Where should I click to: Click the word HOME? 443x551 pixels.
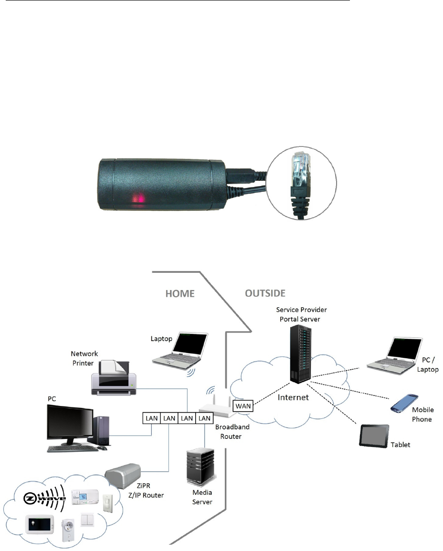(179, 294)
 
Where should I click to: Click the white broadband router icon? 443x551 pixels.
(214, 406)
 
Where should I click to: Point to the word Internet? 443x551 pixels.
(293, 396)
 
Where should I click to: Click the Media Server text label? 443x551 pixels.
(202, 497)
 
